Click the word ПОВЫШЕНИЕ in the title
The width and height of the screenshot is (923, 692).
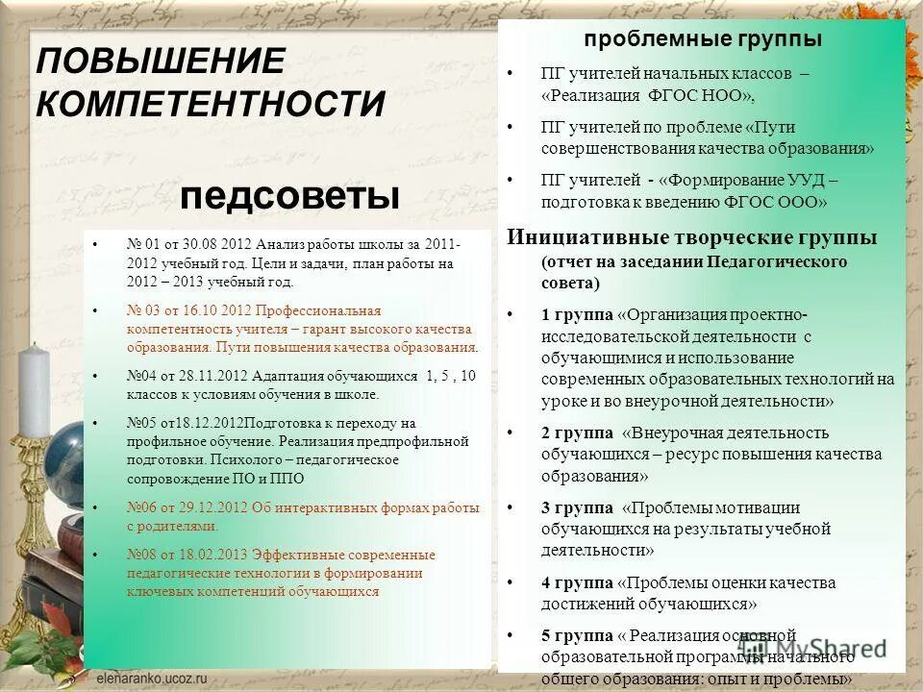(161, 62)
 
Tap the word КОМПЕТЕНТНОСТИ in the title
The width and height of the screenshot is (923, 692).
(211, 103)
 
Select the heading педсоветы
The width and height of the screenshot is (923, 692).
(288, 197)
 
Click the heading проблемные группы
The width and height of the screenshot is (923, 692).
(703, 39)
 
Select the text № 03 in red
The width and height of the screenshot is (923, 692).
(144, 311)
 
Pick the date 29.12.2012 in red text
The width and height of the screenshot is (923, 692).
(212, 507)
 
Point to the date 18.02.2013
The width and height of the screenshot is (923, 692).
(213, 555)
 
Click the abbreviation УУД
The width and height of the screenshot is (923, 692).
(803, 180)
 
